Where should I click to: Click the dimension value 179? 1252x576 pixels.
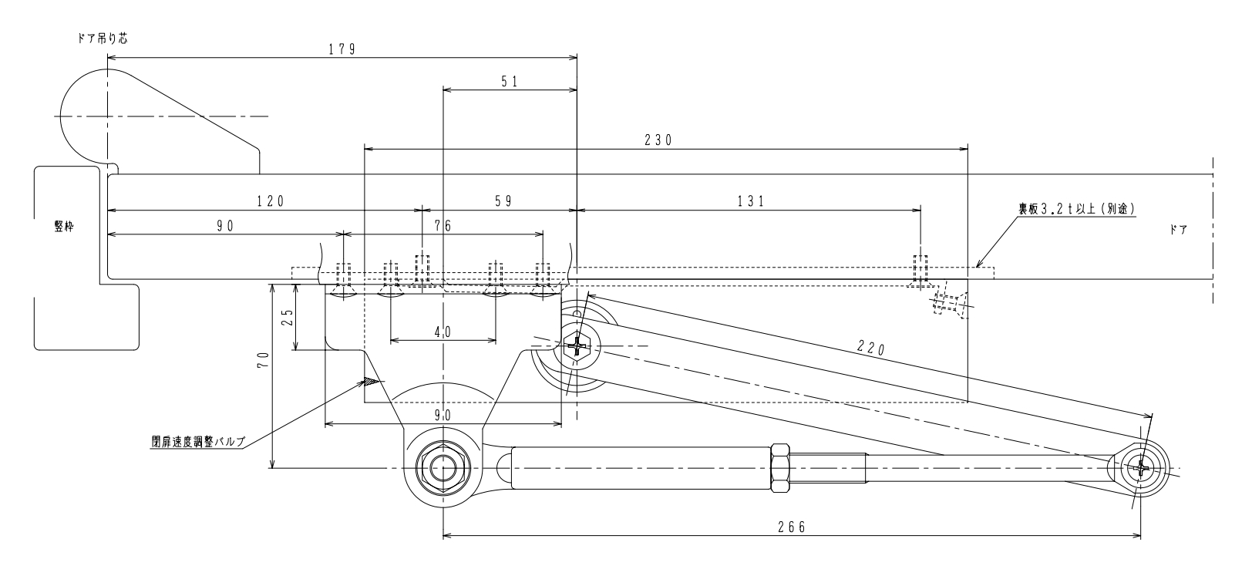coord(342,49)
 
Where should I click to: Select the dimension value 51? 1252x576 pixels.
coord(510,82)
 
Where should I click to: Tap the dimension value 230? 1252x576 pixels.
coord(658,140)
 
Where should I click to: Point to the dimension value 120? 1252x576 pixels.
coord(271,201)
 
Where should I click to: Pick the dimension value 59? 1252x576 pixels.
coord(504,201)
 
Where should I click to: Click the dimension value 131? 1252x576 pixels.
coord(751,201)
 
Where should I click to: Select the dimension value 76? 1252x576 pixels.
coord(443,225)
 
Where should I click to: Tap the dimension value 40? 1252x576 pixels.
coord(443,332)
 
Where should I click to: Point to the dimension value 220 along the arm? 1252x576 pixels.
coord(871,349)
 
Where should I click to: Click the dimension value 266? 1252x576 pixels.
coord(792,527)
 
